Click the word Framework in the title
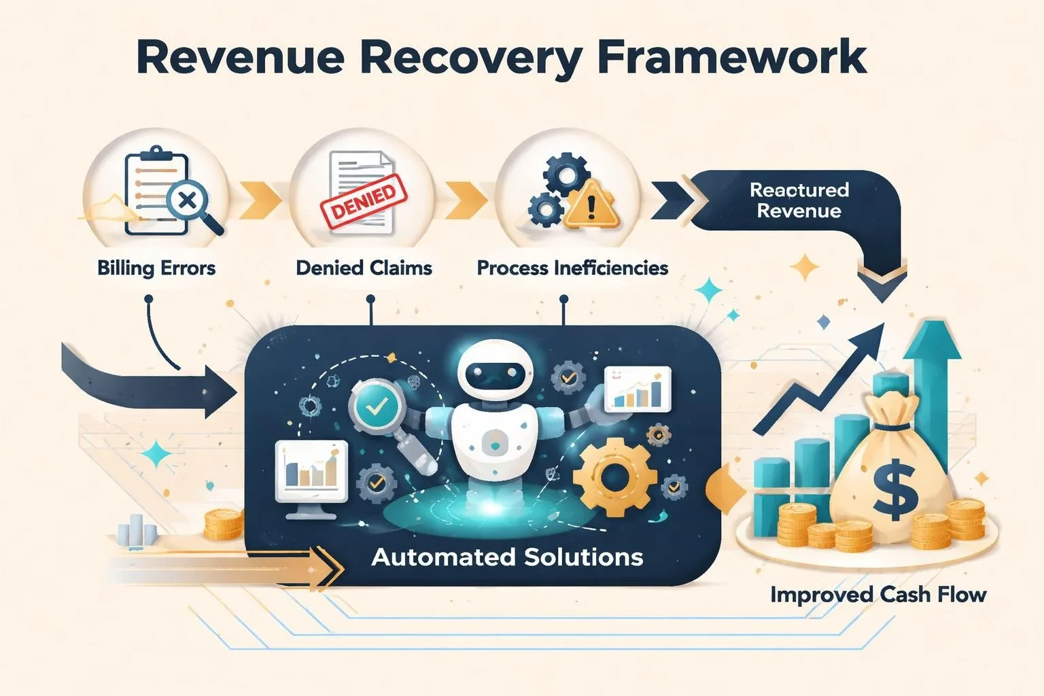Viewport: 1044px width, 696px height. (x=732, y=57)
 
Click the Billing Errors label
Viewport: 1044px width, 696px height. (x=156, y=268)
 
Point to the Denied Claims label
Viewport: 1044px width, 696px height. (x=364, y=268)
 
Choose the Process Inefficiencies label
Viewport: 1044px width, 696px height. (x=572, y=268)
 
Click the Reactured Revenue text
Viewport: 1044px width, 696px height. (x=799, y=200)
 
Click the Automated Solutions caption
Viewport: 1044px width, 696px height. (x=507, y=557)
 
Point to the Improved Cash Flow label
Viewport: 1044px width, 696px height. (x=878, y=595)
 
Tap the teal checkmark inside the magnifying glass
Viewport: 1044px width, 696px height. (x=377, y=407)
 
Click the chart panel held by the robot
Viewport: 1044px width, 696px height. (x=637, y=389)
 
